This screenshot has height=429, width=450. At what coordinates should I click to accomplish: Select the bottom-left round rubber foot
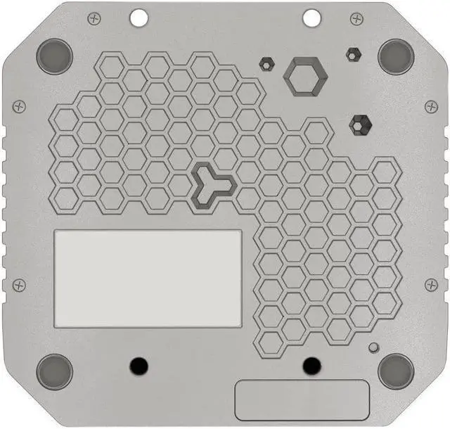[x=54, y=369]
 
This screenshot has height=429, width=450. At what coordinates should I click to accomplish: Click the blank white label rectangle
[x=148, y=278]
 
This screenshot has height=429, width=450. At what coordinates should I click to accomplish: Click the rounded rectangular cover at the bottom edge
[x=302, y=399]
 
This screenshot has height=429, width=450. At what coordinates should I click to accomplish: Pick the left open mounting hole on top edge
[x=139, y=15]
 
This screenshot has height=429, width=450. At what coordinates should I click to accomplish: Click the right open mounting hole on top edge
[x=310, y=15]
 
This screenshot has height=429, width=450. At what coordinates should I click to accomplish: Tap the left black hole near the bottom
[x=139, y=365]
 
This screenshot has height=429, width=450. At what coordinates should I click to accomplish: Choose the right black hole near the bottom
[x=311, y=365]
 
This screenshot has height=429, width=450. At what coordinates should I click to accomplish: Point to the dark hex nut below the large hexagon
[x=360, y=124]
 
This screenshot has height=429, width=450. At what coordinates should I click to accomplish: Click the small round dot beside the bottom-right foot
[x=373, y=347]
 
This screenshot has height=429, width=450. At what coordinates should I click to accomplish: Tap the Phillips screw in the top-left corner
[x=91, y=17]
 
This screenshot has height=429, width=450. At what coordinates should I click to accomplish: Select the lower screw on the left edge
[x=19, y=283]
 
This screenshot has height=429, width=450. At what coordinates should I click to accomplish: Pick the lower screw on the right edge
[x=431, y=283]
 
